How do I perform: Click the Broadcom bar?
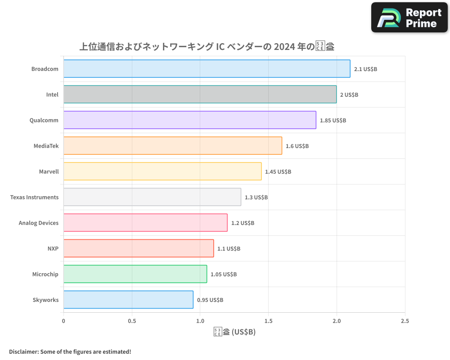[207, 69]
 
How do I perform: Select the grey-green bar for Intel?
[200, 94]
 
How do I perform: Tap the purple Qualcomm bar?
[189, 120]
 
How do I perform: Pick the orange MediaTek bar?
[172, 146]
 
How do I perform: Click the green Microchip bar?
[135, 274]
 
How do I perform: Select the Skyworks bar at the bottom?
[128, 300]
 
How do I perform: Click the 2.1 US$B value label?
[365, 69]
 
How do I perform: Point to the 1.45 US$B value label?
[278, 172]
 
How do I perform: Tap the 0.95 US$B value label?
[210, 300]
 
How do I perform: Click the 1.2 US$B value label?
[243, 223]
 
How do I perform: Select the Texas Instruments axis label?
[34, 197]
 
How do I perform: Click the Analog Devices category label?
[39, 223]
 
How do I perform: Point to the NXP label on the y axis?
[53, 248]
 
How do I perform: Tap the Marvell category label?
[49, 171]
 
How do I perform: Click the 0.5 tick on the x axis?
[132, 321]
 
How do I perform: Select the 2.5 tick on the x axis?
[405, 321]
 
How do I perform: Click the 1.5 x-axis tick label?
[268, 321]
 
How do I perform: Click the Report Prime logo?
[409, 18]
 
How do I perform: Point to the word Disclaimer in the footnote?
[23, 351]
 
